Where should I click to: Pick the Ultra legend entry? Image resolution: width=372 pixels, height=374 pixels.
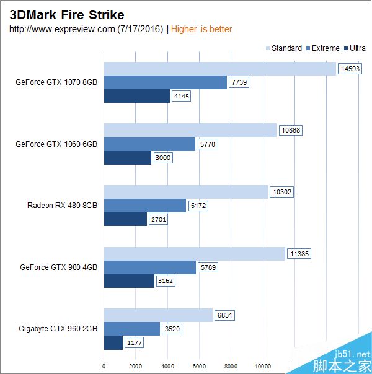pyautogui.click(x=356, y=48)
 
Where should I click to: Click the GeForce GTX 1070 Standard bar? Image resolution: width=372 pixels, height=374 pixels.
pyautogui.click(x=219, y=69)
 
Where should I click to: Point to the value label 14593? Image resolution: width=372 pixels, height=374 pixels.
pyautogui.click(x=349, y=69)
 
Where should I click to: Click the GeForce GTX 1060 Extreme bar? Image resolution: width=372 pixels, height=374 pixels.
pyautogui.click(x=149, y=144)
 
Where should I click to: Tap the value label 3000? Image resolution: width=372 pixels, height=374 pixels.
pyautogui.click(x=163, y=157)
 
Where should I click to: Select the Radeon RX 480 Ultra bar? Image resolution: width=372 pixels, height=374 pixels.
pyautogui.click(x=125, y=219)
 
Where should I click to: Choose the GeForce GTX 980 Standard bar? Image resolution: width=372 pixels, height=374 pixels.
pyautogui.click(x=194, y=254)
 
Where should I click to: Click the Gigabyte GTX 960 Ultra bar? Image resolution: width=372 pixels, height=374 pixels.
pyautogui.click(x=113, y=342)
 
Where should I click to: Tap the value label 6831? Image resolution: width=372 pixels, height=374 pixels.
pyautogui.click(x=224, y=315)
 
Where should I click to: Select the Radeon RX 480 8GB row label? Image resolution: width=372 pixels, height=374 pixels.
pyautogui.click(x=62, y=206)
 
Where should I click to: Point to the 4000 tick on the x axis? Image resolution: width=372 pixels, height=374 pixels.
pyautogui.click(x=167, y=366)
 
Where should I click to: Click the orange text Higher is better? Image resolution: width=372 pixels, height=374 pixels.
pyautogui.click(x=201, y=29)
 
